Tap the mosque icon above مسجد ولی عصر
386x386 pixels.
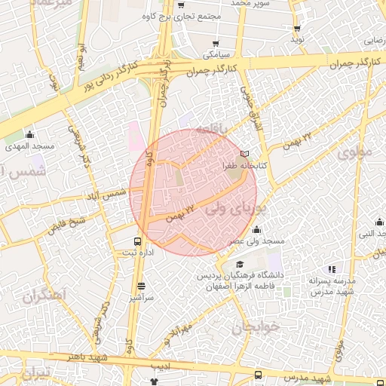tap(256, 229)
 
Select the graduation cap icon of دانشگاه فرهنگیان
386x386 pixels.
tap(240, 264)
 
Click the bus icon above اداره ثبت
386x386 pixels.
tap(137, 241)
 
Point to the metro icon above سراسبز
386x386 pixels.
tap(142, 286)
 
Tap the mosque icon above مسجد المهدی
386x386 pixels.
tap(29, 133)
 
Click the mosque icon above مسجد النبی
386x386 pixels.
tap(379, 222)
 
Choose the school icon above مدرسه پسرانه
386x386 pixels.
tap(332, 269)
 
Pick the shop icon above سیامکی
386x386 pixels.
tap(217, 44)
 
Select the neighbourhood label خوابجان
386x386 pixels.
tap(256, 326)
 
